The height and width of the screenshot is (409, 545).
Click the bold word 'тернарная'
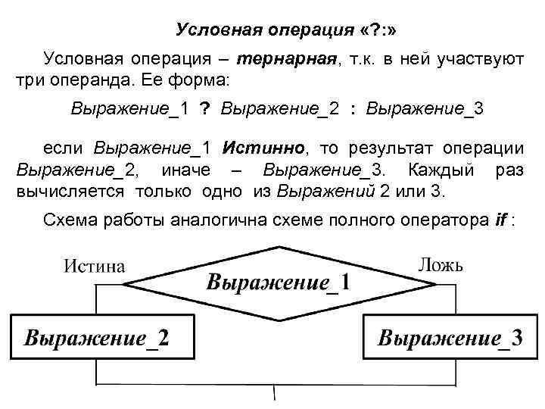tap(287, 59)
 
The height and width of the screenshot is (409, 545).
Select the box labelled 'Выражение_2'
tap(98, 336)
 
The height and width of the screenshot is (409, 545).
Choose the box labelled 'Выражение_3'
tap(450, 336)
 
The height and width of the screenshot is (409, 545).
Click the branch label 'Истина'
tap(94, 267)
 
